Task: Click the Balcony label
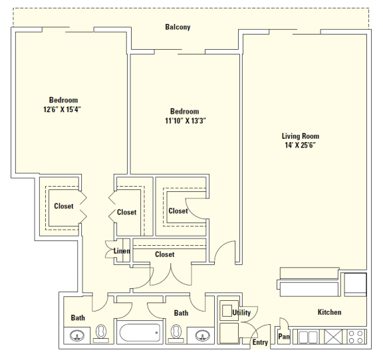point(178,27)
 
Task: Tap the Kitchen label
point(329,312)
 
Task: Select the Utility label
point(241,312)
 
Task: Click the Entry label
point(260,343)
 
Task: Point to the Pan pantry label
point(284,337)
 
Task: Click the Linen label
point(121,251)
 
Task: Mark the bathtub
point(140,333)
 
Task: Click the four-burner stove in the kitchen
point(356,336)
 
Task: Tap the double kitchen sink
point(308,337)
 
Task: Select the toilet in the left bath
point(101,333)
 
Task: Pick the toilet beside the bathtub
point(178,333)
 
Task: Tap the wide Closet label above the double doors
point(164,254)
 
